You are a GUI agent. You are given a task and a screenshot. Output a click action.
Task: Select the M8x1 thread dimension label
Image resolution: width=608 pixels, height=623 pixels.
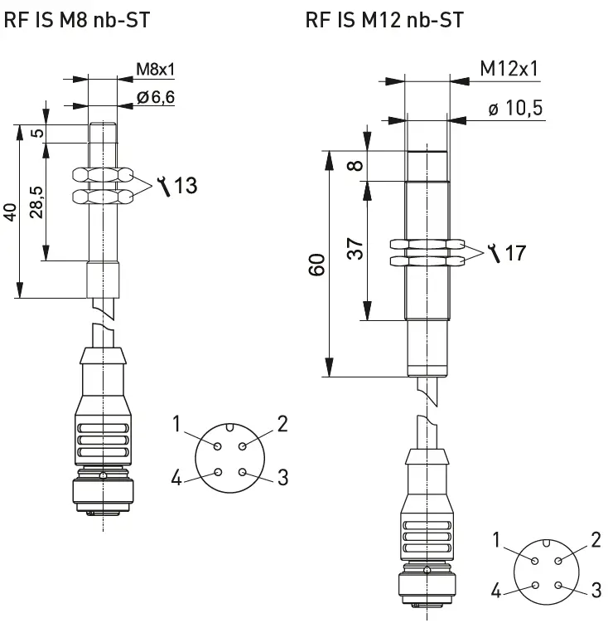156,69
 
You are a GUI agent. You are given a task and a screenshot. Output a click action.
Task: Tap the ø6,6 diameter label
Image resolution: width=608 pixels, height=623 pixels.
156,99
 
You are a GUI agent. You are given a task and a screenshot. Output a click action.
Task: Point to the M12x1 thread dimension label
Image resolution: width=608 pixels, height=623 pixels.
509,69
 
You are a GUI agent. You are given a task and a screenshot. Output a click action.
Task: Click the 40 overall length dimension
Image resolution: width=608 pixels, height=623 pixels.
10,212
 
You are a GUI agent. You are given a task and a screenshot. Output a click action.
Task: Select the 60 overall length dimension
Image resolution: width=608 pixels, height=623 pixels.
316,265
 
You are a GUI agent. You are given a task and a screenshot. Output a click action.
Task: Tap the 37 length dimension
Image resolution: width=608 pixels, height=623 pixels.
355,249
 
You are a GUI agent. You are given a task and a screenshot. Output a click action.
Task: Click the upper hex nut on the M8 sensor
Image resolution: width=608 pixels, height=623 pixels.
103,175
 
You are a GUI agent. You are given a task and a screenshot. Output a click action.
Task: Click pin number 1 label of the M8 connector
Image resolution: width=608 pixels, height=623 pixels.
176,425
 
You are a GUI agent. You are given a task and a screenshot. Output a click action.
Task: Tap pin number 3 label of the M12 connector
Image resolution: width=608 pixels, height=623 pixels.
596,590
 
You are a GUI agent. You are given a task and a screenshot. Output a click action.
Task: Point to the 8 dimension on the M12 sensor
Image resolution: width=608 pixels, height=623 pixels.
355,165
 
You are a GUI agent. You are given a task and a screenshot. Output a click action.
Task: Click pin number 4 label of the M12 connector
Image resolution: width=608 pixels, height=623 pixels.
495,590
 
